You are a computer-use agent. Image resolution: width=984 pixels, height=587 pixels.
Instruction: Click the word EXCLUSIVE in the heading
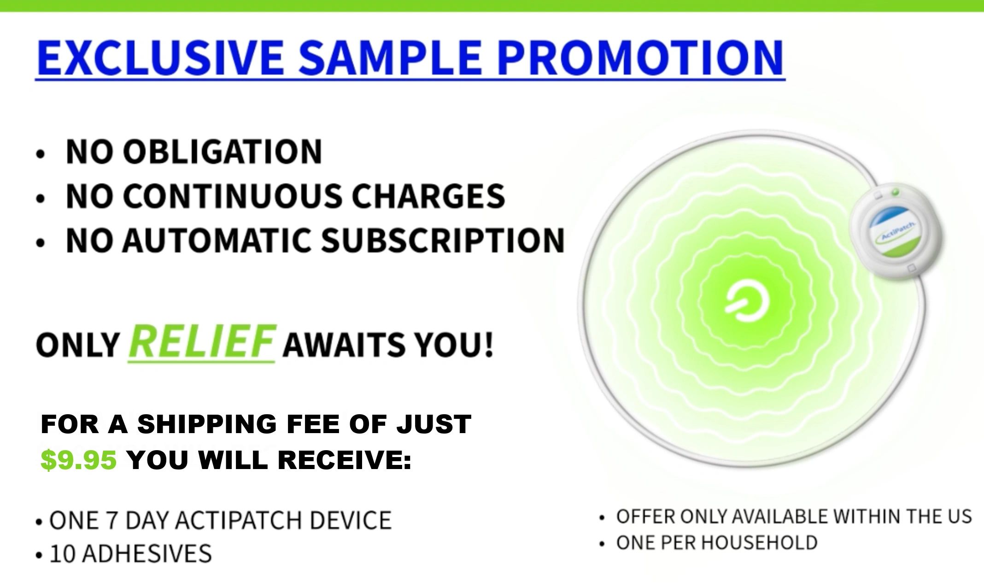coord(160,58)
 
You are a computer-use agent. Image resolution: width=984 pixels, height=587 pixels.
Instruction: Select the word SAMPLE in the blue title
coord(390,58)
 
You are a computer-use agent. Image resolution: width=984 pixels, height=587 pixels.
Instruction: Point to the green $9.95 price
coord(79,460)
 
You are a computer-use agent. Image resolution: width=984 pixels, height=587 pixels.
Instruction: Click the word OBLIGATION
coord(222,152)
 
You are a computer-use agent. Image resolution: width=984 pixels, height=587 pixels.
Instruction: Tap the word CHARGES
coord(428,196)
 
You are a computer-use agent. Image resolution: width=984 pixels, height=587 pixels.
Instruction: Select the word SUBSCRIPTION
coord(442,240)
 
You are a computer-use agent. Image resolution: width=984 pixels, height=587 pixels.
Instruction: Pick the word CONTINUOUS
coord(232,196)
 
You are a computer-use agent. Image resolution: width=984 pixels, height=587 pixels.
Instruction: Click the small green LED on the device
coord(895,192)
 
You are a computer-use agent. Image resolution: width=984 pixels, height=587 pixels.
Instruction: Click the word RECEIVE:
coord(345,460)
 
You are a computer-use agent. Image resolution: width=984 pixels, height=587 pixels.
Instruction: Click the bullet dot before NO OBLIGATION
coord(41,155)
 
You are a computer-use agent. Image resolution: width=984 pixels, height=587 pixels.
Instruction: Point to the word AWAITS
coord(343,345)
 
